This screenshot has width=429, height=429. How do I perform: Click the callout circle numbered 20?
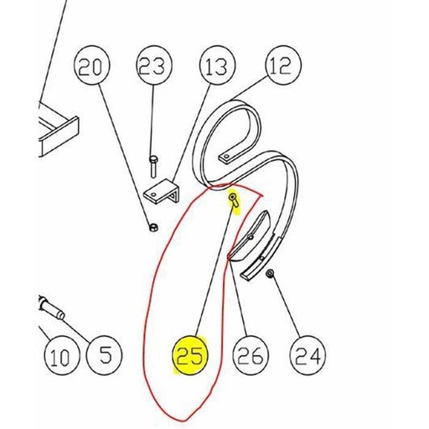91,67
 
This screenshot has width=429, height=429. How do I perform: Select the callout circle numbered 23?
154,67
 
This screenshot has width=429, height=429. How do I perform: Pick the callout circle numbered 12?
283,65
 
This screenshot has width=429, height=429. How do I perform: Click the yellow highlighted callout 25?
190,355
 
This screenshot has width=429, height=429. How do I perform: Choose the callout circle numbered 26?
251,355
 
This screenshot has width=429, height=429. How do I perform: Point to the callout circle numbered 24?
308,355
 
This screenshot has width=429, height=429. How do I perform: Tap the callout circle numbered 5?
105,355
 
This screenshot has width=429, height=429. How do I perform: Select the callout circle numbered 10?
61,355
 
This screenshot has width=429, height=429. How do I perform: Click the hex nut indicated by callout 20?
153,228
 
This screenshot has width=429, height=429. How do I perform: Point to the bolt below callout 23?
153,167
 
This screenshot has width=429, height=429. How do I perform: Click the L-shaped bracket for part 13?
162,192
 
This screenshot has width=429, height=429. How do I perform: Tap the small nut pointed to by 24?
270,274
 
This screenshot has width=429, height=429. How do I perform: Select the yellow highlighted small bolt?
234,200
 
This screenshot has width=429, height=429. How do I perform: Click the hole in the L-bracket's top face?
153,194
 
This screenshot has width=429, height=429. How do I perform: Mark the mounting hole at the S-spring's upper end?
227,156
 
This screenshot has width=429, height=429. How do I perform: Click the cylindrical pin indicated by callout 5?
52,308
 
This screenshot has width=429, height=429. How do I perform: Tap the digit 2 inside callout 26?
244,356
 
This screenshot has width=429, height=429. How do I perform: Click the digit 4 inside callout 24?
314,356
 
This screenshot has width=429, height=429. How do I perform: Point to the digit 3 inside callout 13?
221,67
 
